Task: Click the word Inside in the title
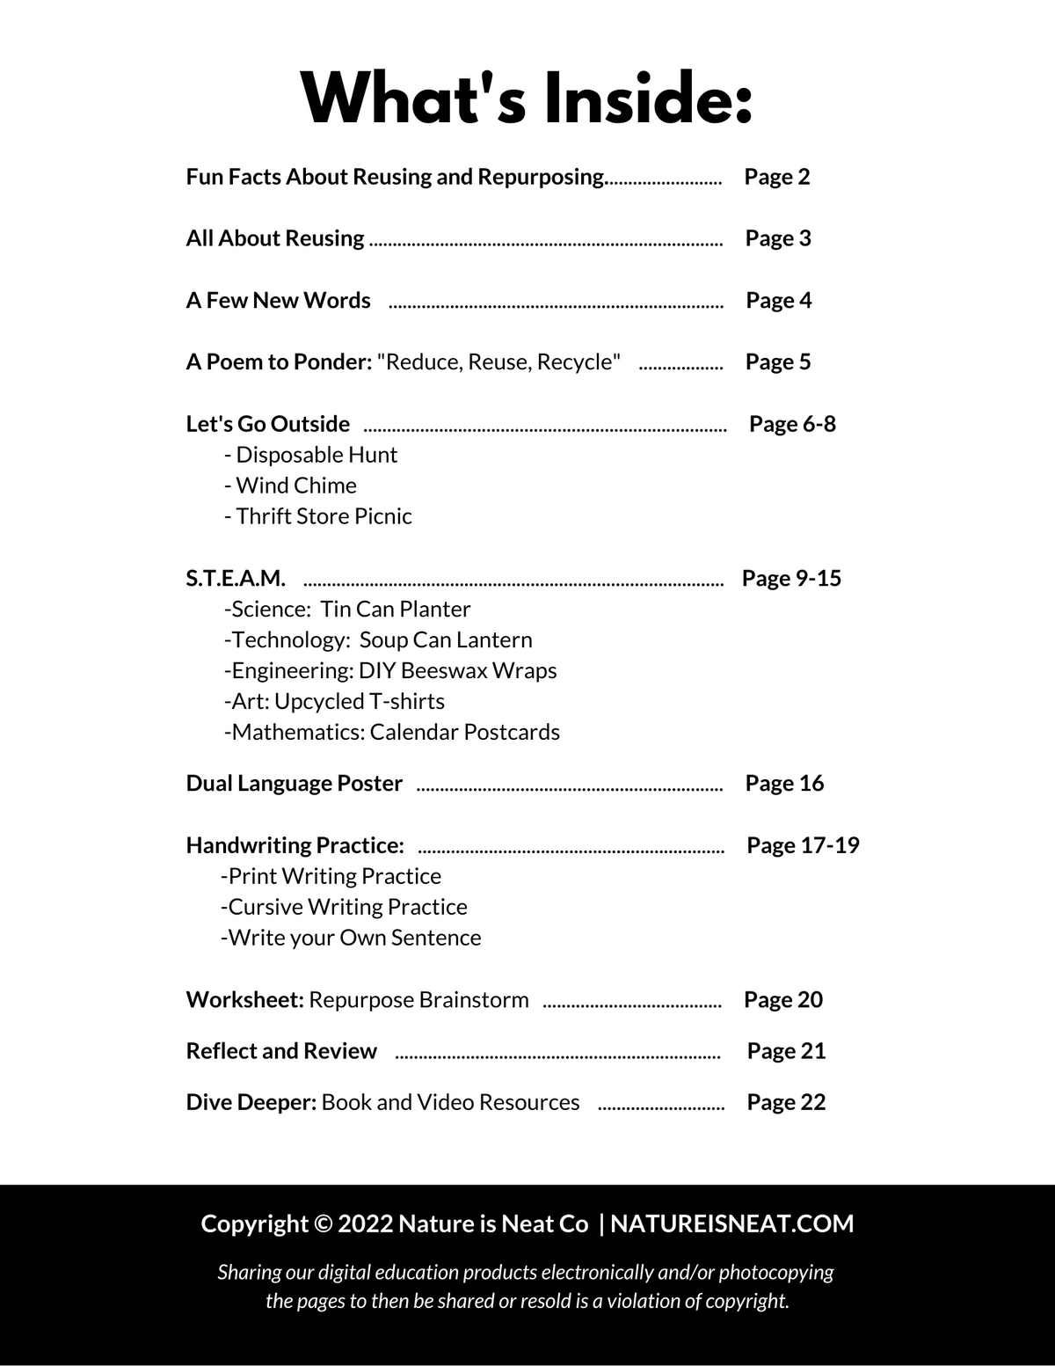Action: (x=648, y=99)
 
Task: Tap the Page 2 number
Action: (x=776, y=177)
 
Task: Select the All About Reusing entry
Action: (x=275, y=238)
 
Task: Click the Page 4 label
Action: (x=778, y=301)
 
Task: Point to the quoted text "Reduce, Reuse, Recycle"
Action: (x=498, y=362)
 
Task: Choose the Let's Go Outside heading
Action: (x=268, y=424)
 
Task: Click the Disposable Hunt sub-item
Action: (x=311, y=455)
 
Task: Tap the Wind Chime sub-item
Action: (x=291, y=486)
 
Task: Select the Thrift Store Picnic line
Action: (x=318, y=516)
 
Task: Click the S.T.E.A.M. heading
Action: (x=236, y=579)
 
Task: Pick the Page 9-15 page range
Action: (x=791, y=579)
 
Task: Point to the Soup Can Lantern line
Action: (x=378, y=640)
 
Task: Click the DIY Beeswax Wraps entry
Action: (x=391, y=671)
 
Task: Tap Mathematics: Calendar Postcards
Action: (x=392, y=733)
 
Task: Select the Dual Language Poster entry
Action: (x=295, y=784)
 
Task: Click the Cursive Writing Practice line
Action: (x=344, y=907)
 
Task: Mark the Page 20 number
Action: (x=782, y=1000)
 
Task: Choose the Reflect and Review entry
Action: (x=281, y=1051)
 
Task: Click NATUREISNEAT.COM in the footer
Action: (x=731, y=1224)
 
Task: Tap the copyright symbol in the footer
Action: (x=323, y=1224)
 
